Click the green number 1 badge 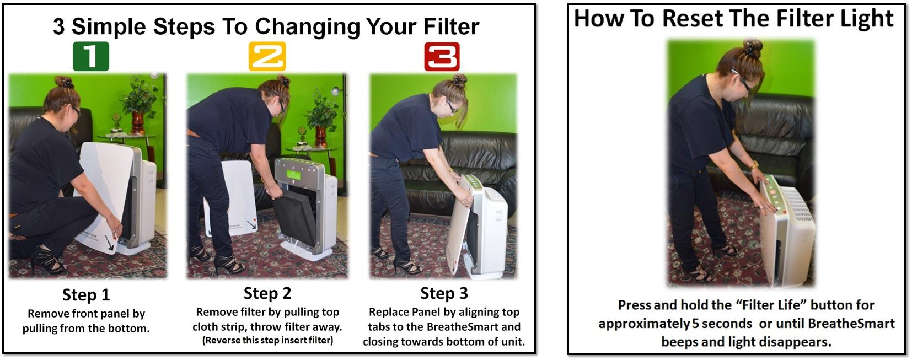click(91, 56)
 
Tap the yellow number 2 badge click(267, 56)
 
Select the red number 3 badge click(442, 57)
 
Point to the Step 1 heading click(86, 295)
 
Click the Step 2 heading click(267, 293)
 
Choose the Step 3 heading click(444, 293)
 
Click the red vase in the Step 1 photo click(137, 122)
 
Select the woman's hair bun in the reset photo click(752, 47)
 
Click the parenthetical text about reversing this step click(267, 340)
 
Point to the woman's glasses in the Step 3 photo click(452, 106)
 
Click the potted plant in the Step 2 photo click(321, 113)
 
